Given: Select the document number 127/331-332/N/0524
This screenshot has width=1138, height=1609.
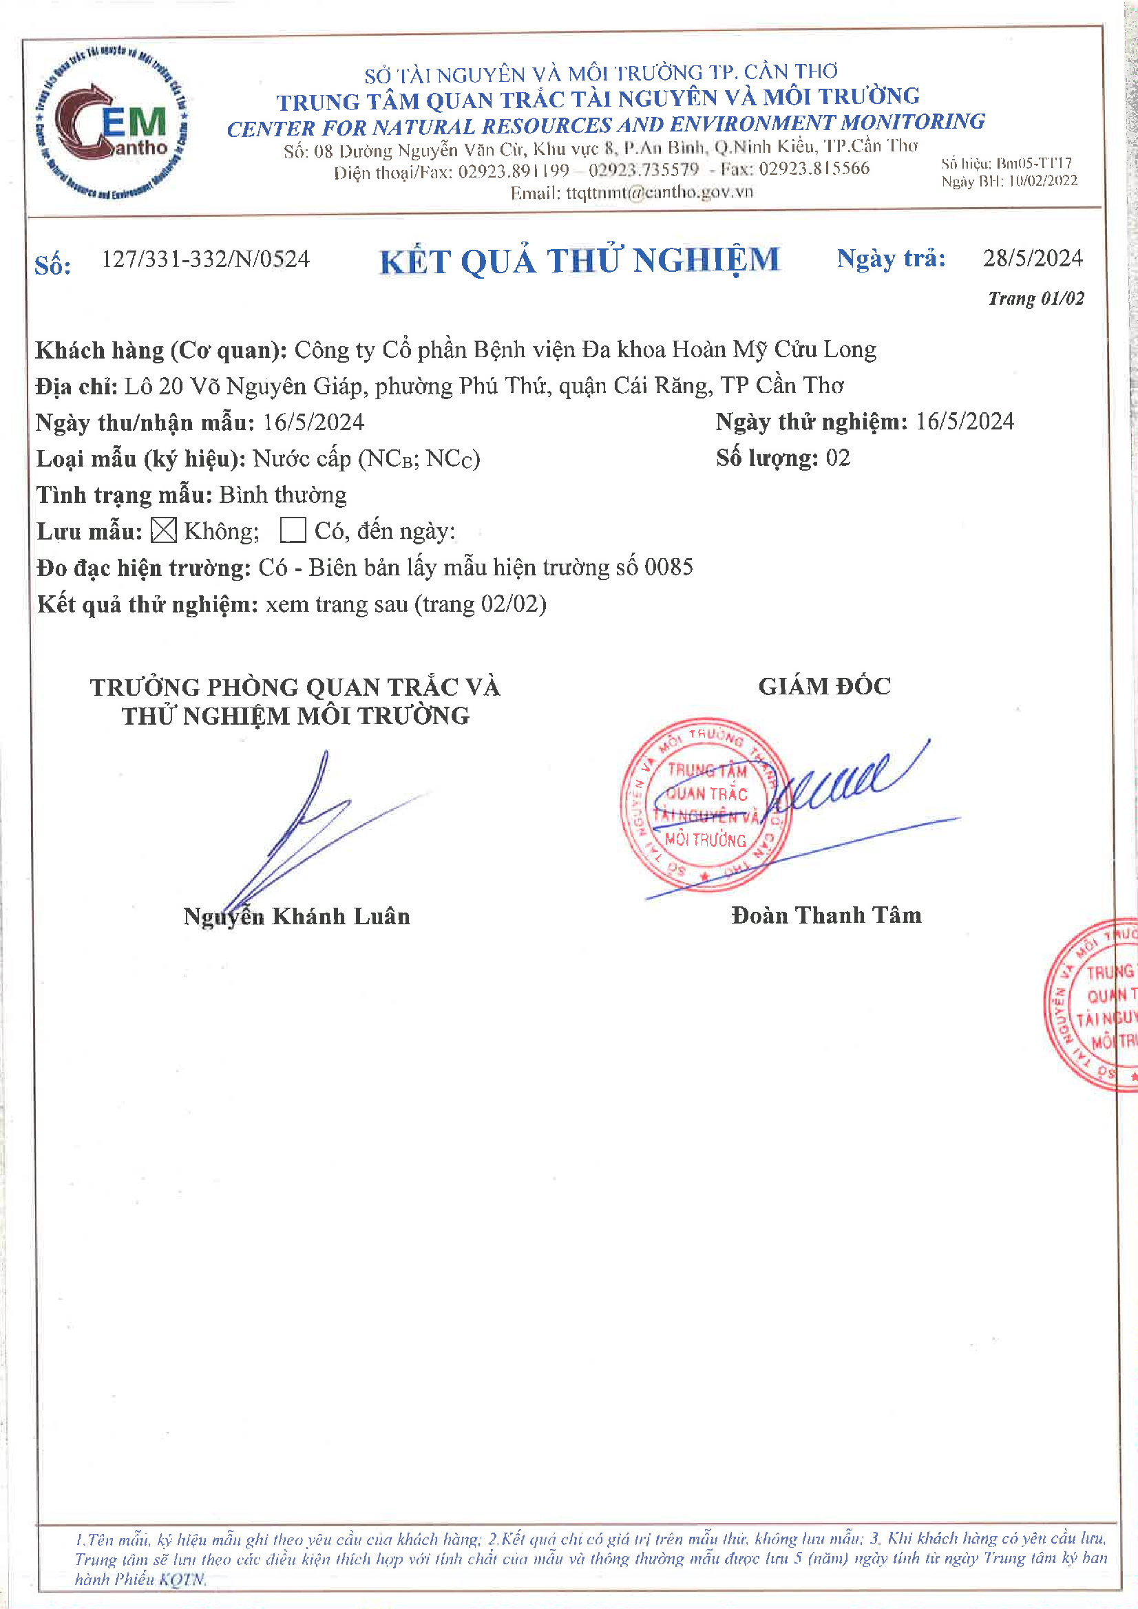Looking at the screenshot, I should (x=205, y=259).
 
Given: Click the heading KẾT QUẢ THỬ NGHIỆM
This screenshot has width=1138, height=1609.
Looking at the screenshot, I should (x=579, y=262).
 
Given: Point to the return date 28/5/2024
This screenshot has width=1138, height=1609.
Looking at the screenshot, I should (x=1032, y=259).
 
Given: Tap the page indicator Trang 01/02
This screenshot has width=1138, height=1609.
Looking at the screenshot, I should (x=1035, y=299).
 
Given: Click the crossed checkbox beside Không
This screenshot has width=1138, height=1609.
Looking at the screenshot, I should (x=163, y=531).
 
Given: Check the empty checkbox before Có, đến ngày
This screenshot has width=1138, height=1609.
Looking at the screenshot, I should (x=293, y=531).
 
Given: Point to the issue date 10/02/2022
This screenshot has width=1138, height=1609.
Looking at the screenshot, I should (x=1042, y=182).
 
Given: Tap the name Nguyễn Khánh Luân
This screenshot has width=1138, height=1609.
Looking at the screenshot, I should (x=297, y=917).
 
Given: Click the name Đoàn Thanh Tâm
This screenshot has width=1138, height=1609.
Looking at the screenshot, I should (x=826, y=915).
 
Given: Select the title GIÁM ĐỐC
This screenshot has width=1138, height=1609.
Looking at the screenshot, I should (x=824, y=686).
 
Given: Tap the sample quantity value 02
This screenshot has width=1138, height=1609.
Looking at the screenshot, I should (x=838, y=458).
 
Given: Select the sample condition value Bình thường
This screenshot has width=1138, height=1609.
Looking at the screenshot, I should (x=282, y=495).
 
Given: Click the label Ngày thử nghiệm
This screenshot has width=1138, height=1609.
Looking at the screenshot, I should (x=811, y=422).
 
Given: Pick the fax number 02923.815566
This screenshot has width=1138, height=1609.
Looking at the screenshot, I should (x=813, y=169).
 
